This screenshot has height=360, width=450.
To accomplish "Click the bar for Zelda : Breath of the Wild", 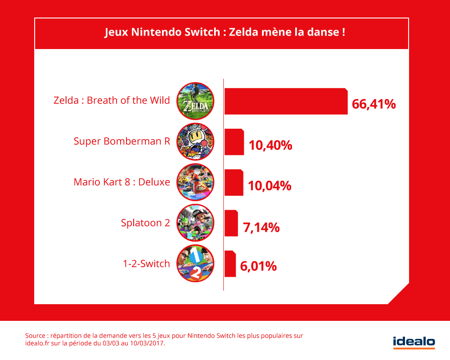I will click(x=286, y=101).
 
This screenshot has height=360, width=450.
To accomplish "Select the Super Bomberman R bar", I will click(x=234, y=142).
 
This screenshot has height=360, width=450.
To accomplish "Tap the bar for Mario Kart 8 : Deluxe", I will click(x=234, y=182).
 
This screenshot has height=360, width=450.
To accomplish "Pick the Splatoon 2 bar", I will click(x=231, y=223).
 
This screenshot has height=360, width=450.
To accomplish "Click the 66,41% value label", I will click(x=374, y=104).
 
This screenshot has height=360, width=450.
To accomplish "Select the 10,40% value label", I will click(x=270, y=145).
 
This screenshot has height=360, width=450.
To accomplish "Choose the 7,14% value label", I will click(x=261, y=227).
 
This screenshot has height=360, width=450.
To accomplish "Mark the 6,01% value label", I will click(x=258, y=266).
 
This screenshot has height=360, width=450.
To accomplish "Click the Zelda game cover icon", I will click(x=195, y=101).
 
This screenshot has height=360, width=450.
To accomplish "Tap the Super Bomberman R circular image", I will click(x=195, y=141).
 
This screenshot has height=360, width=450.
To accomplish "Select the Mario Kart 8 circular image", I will click(x=195, y=182).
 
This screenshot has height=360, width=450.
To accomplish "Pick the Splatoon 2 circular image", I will click(x=195, y=222).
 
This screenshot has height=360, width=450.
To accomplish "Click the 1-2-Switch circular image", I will click(x=195, y=263).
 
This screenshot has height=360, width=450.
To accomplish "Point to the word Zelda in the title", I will click(x=242, y=33).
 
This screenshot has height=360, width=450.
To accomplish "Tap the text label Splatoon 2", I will click(x=145, y=222).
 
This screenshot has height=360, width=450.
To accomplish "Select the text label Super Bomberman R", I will click(x=121, y=141).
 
